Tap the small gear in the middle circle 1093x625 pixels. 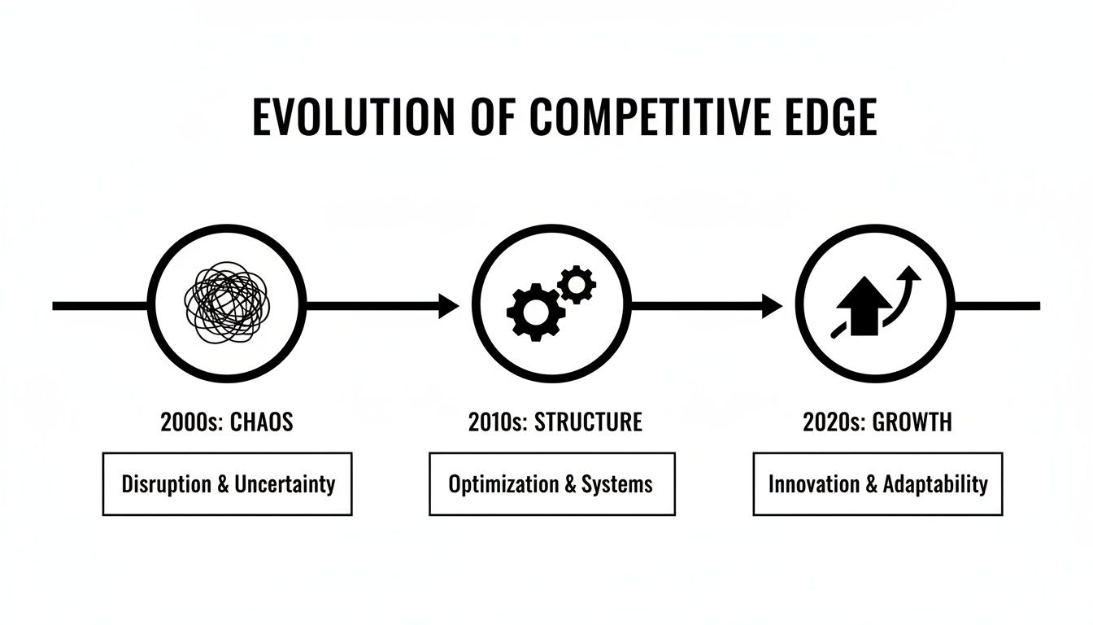click(577, 284)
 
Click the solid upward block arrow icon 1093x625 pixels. click(863, 305)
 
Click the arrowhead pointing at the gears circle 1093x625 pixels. click(448, 306)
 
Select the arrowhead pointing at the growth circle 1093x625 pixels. click(772, 306)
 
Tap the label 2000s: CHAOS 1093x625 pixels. click(227, 422)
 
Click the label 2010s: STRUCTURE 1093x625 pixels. click(555, 422)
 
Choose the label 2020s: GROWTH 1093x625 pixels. click(877, 422)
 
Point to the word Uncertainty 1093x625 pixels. click(285, 484)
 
